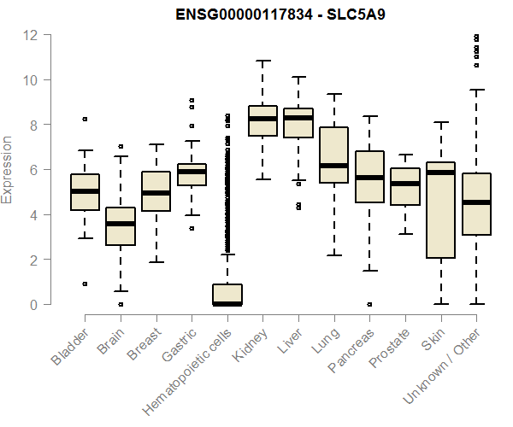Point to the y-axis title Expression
point(8,169)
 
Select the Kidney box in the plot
point(262,120)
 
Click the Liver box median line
point(298,118)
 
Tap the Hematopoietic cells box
point(227,295)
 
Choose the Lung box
point(333,155)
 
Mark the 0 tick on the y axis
point(35,304)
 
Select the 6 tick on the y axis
point(35,170)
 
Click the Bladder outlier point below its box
point(85,284)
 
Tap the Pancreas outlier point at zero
point(369,304)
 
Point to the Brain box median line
point(121,224)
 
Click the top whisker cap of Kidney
point(262,61)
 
